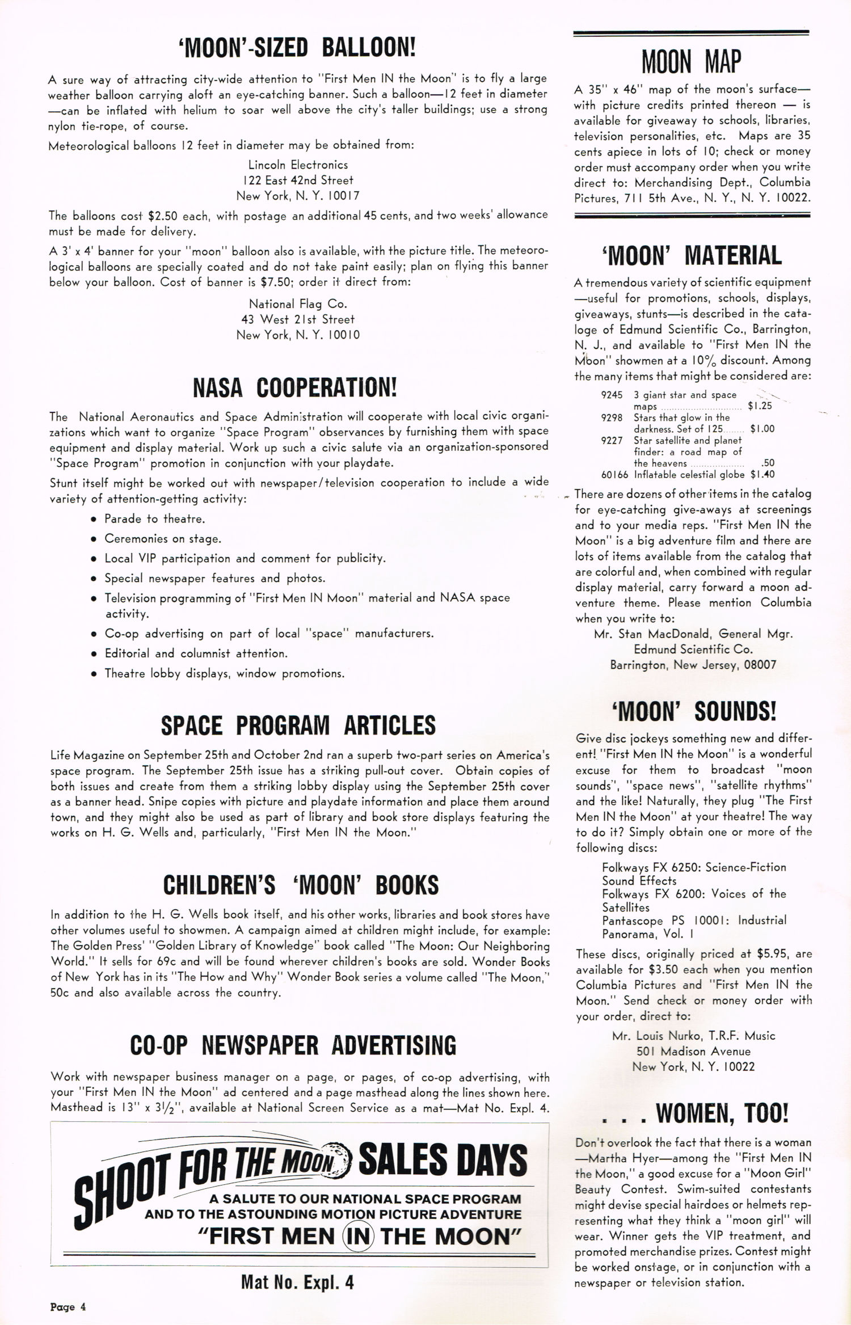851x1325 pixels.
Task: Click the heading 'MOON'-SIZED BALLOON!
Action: point(297,48)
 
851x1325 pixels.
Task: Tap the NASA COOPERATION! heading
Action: point(295,388)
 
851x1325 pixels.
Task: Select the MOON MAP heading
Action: point(691,62)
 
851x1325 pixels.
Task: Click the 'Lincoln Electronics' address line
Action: point(298,165)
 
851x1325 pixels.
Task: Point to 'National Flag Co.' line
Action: point(298,304)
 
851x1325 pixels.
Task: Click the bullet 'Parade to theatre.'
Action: point(154,518)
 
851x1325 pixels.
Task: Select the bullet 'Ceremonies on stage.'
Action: point(162,538)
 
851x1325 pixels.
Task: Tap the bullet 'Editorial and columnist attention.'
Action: point(196,653)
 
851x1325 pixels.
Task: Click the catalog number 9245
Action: point(612,395)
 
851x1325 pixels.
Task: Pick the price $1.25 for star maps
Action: point(760,406)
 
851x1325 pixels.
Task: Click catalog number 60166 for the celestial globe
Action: point(614,474)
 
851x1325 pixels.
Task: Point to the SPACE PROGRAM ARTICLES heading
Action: point(298,725)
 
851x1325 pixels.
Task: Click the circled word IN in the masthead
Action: point(358,1237)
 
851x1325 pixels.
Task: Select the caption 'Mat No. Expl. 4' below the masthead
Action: point(297,1282)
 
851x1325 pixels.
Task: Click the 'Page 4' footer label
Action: point(68,1307)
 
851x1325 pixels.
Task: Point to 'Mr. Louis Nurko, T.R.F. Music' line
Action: point(693,1036)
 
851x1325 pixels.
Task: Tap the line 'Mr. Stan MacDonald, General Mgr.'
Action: point(693,634)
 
